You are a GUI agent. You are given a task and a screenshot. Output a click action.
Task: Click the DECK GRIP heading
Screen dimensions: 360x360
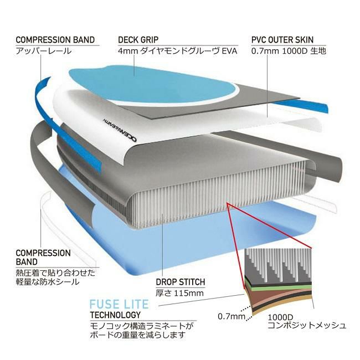[x=138, y=40]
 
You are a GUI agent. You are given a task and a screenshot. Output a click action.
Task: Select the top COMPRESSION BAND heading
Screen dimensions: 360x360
[x=55, y=40]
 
